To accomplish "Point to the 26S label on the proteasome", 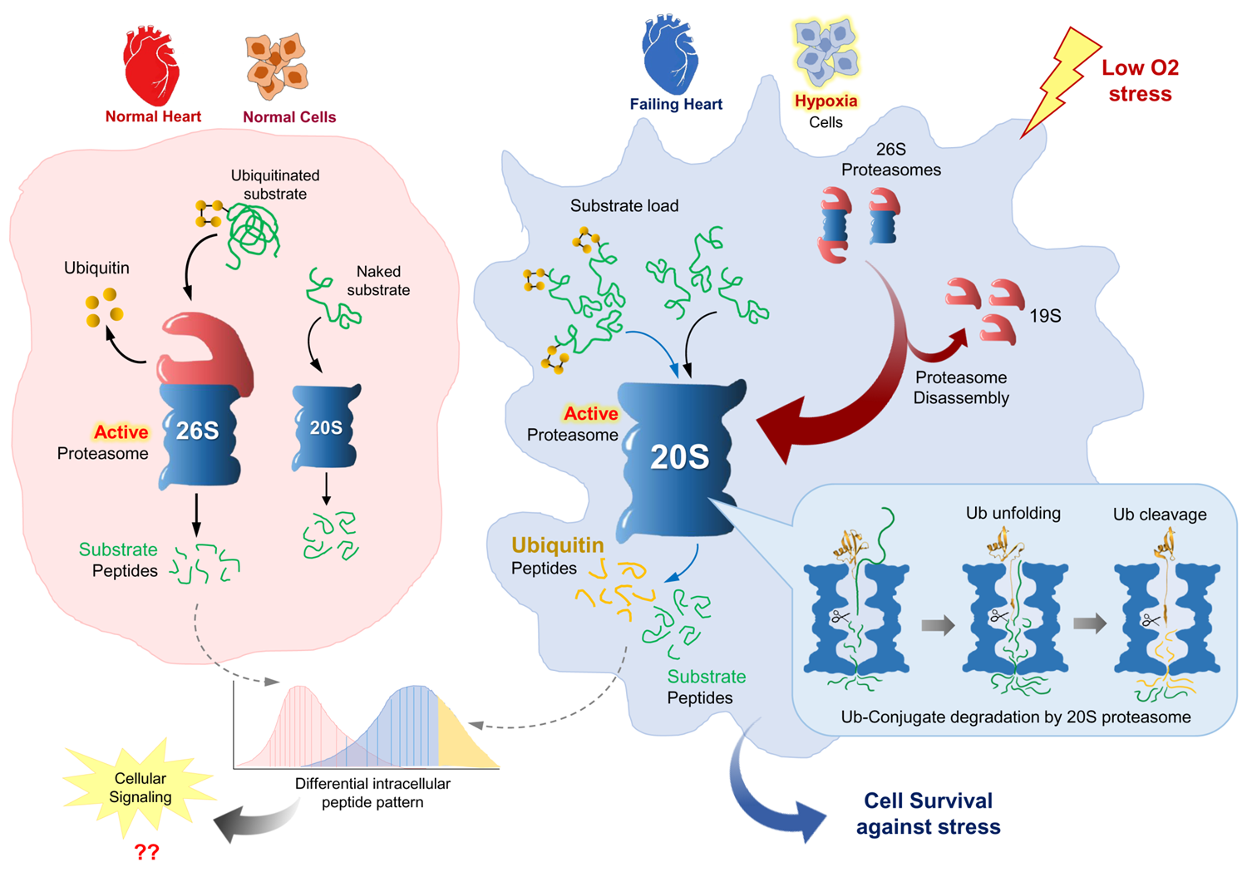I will [198, 430].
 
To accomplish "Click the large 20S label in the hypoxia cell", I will [679, 457].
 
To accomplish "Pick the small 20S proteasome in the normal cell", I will [326, 427].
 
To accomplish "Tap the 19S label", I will [1045, 316].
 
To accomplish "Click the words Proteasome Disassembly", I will [961, 387].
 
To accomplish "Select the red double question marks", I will [146, 852].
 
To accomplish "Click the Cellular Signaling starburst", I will [140, 787].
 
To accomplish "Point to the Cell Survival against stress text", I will [928, 814].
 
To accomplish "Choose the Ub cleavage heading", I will [1160, 515].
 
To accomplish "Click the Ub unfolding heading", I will [1013, 513].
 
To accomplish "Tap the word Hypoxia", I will [826, 101].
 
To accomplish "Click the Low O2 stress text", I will [1140, 81].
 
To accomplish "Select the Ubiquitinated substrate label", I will [275, 185].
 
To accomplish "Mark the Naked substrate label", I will [378, 281].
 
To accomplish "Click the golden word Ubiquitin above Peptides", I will [557, 545].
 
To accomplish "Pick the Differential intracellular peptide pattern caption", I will [372, 793].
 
